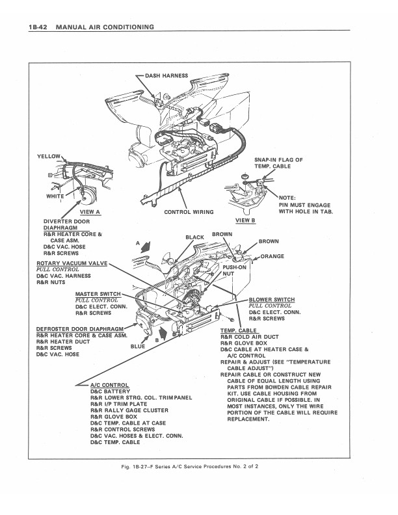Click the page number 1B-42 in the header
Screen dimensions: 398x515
pyautogui.click(x=38, y=27)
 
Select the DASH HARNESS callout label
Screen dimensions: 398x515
pyautogui.click(x=166, y=75)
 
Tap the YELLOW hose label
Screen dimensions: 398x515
pyautogui.click(x=49, y=156)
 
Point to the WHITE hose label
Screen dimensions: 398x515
pyautogui.click(x=55, y=196)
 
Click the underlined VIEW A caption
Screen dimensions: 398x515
pyautogui.click(x=90, y=212)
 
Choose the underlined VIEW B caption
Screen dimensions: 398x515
pyautogui.click(x=245, y=220)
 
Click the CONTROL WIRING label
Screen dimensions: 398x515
pyautogui.click(x=189, y=212)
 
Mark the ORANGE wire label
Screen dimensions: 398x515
pyautogui.click(x=272, y=256)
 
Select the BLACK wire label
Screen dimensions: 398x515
pyautogui.click(x=194, y=237)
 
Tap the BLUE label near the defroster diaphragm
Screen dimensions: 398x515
pyautogui.click(x=138, y=346)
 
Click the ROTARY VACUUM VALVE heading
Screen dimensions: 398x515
pyautogui.click(x=72, y=263)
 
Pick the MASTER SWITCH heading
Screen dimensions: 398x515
pyautogui.click(x=98, y=294)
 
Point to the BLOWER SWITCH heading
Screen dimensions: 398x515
pyautogui.click(x=272, y=300)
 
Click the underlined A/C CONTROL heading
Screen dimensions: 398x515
pyautogui.click(x=109, y=385)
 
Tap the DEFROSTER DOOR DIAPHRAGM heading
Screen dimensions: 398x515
pyautogui.click(x=80, y=329)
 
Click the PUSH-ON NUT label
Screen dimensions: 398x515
pyautogui.click(x=234, y=271)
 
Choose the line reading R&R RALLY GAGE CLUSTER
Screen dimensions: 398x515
pyautogui.click(x=129, y=410)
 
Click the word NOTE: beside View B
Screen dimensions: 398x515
pyautogui.click(x=287, y=198)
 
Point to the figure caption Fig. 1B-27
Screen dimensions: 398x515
pyautogui.click(x=189, y=466)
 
